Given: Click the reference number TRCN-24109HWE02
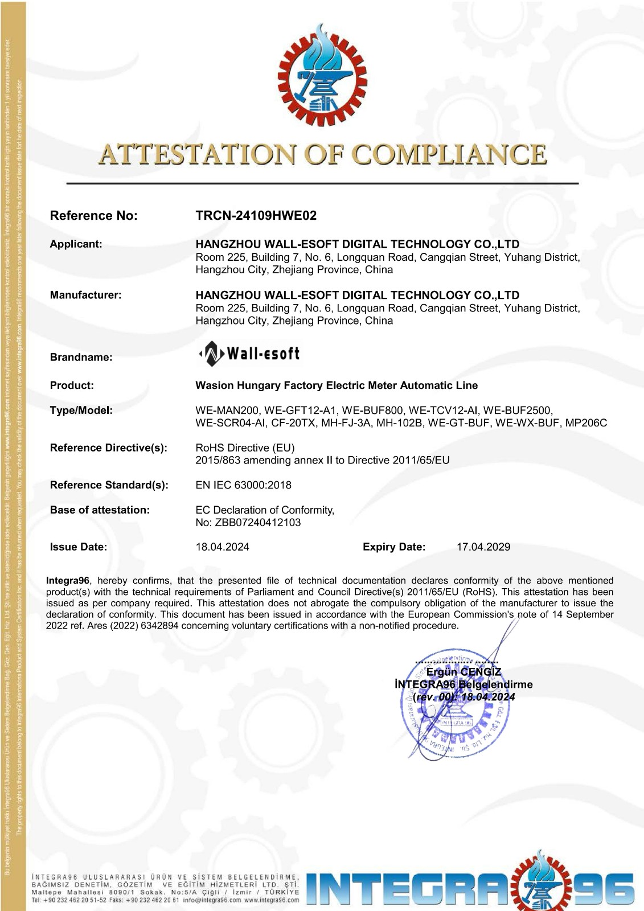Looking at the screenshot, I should pyautogui.click(x=256, y=216).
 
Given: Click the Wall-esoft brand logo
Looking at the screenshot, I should pyautogui.click(x=249, y=354).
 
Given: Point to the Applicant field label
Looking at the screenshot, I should pyautogui.click(x=76, y=244).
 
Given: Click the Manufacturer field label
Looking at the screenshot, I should pyautogui.click(x=85, y=295).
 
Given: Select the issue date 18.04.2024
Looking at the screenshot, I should pyautogui.click(x=222, y=547).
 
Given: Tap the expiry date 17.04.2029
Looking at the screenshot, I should pyautogui.click(x=483, y=547).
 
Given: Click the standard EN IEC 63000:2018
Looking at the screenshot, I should pyautogui.click(x=243, y=485).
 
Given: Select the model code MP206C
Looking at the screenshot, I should pyautogui.click(x=586, y=423).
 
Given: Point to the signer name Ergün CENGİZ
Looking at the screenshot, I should pyautogui.click(x=463, y=672).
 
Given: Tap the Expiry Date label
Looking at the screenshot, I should pyautogui.click(x=393, y=547).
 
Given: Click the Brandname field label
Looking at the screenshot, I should pyautogui.click(x=81, y=358).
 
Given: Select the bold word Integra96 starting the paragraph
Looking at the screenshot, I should pyautogui.click(x=67, y=581).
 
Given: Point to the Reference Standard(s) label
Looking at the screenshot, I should pyautogui.click(x=109, y=485).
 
